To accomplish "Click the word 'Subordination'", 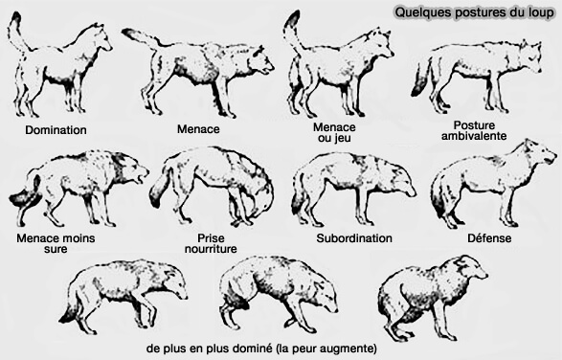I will tap(353, 236).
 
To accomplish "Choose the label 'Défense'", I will tap(491, 236).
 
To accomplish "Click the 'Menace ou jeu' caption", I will tap(334, 133).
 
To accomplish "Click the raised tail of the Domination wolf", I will tap(15, 33).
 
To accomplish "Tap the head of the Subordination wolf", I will tap(401, 182).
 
